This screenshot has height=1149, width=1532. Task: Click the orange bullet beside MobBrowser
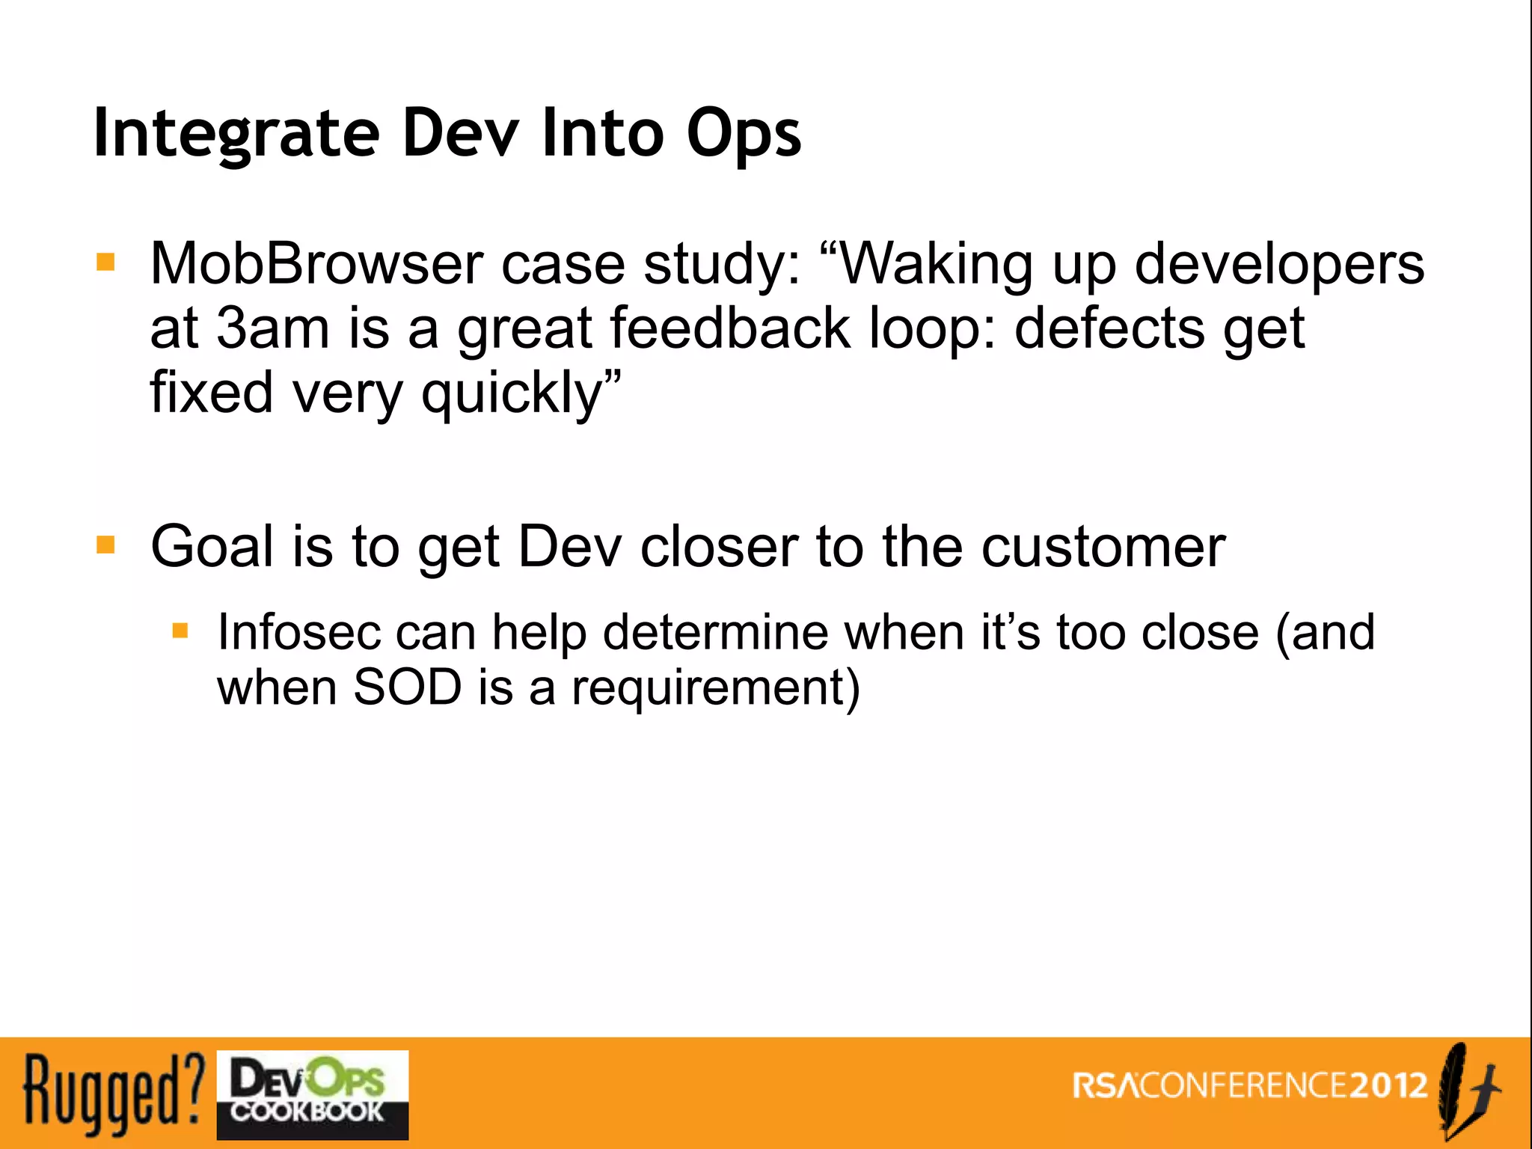click(105, 263)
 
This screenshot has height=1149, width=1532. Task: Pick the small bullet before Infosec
click(180, 631)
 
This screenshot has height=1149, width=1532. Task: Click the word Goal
click(212, 546)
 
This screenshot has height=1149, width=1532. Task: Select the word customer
click(1103, 546)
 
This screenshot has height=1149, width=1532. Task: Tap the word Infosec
click(298, 632)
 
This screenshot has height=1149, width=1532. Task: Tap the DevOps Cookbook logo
click(312, 1094)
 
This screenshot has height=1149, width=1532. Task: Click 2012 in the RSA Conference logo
click(1389, 1085)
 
